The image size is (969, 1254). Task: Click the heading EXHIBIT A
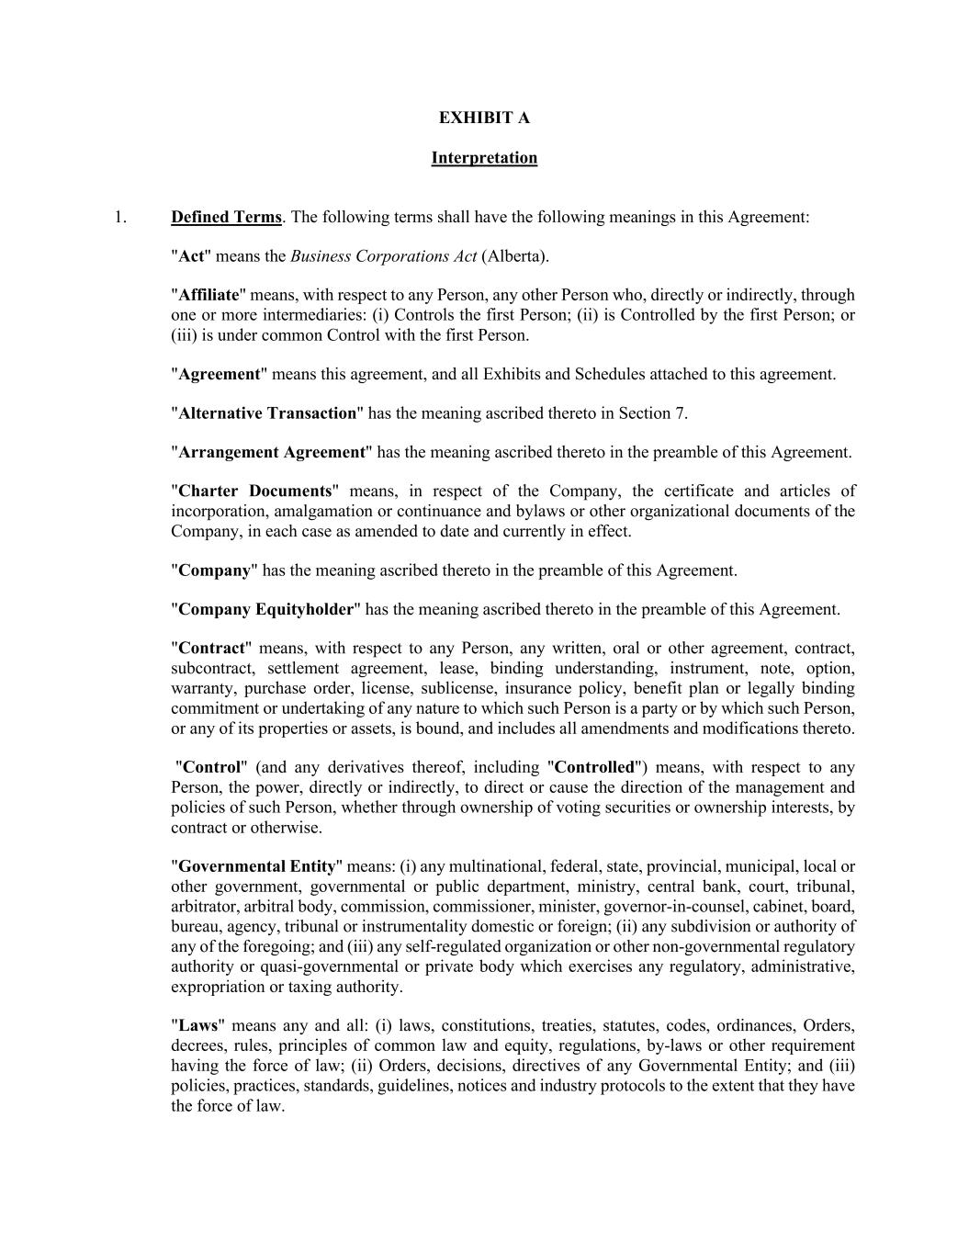pyautogui.click(x=484, y=118)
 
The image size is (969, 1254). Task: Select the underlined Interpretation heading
pyautogui.click(x=484, y=158)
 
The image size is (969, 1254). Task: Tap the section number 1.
pyautogui.click(x=120, y=218)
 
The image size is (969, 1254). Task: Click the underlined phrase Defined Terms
pyautogui.click(x=226, y=218)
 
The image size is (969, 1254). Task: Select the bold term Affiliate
pyautogui.click(x=208, y=295)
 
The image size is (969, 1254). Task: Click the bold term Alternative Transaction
pyautogui.click(x=267, y=413)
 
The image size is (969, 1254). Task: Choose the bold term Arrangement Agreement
pyautogui.click(x=272, y=452)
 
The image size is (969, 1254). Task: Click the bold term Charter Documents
pyautogui.click(x=254, y=491)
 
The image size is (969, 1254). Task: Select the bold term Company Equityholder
pyautogui.click(x=265, y=609)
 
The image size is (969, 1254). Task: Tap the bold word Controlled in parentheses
pyautogui.click(x=594, y=767)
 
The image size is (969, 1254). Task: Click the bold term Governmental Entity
pyautogui.click(x=256, y=866)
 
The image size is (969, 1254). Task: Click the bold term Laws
pyautogui.click(x=197, y=1026)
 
